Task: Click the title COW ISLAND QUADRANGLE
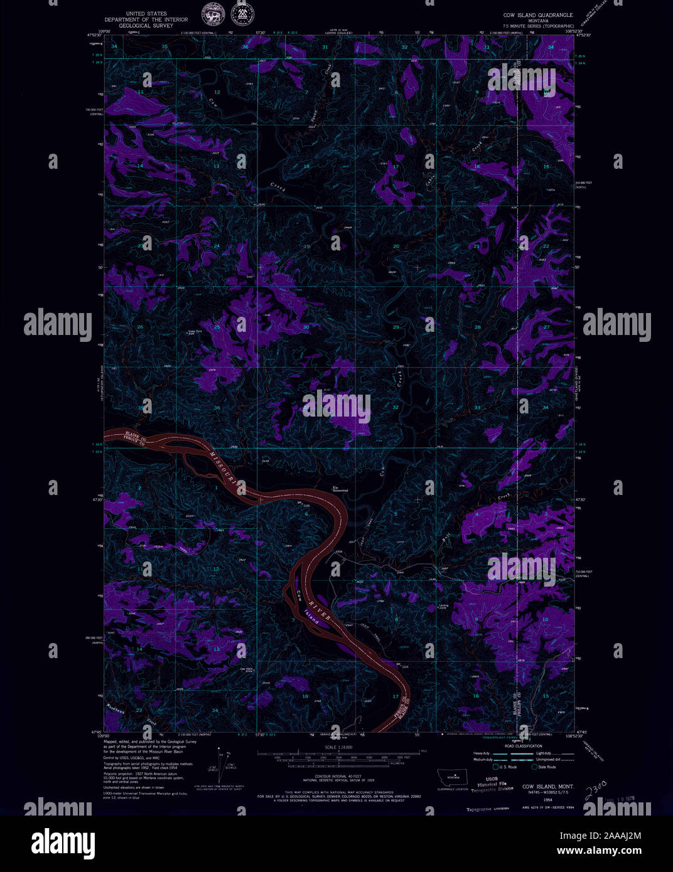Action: pyautogui.click(x=537, y=14)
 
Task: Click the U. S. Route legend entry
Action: pyautogui.click(x=505, y=767)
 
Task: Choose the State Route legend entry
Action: pyautogui.click(x=544, y=767)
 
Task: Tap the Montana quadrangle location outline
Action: pyautogui.click(x=452, y=777)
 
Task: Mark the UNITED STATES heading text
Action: pyautogui.click(x=146, y=13)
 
